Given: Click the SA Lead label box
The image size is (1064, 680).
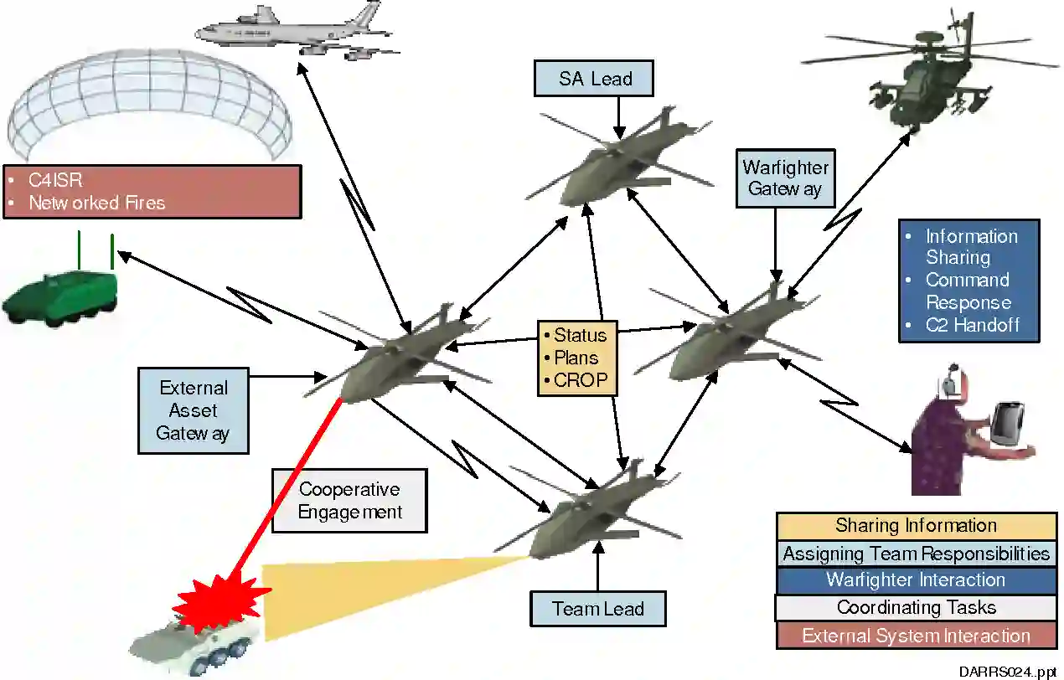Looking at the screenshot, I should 594,79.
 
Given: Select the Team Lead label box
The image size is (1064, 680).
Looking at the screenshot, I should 597,609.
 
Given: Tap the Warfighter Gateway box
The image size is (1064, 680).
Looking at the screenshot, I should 785,178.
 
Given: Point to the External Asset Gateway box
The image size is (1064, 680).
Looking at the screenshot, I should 193,410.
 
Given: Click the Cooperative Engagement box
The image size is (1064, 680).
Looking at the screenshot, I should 349,500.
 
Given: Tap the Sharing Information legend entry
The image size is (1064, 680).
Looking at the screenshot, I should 916,526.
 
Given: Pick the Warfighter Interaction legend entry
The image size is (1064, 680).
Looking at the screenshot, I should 916,580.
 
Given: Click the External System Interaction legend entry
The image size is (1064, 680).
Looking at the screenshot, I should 916,636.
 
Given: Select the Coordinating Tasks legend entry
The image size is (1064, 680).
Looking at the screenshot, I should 916,607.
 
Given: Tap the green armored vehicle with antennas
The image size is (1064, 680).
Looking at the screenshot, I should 59,293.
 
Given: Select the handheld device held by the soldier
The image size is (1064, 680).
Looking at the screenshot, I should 1005,423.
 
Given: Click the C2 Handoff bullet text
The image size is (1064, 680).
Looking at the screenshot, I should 972,324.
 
